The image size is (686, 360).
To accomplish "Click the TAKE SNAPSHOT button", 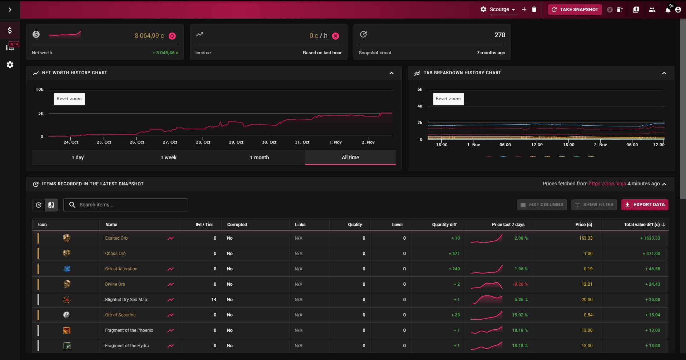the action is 575,10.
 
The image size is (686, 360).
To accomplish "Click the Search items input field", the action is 126,205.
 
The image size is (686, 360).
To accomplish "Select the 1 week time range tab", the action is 169,157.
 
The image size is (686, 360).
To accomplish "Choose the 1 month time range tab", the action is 259,157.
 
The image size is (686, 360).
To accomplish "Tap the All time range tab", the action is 351,157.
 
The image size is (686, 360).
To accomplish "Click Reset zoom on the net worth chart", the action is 69,99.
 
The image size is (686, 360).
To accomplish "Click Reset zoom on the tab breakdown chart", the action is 448,99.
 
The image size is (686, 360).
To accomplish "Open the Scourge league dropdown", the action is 502,10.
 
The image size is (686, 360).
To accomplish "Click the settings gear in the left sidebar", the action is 10,65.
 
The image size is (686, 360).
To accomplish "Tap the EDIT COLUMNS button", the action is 542,205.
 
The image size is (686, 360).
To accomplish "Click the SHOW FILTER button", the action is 594,205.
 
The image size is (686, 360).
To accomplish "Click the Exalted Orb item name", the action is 116,238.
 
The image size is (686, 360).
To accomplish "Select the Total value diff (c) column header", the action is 642,225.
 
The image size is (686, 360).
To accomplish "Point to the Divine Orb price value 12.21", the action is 587,284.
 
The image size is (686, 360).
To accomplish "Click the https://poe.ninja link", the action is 607,184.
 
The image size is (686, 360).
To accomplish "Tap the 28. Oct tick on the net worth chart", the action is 203,142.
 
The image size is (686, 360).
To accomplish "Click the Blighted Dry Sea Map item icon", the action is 67,300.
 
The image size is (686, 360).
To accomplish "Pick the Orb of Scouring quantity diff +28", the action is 456,315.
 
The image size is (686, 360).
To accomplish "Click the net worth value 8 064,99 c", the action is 149,36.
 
